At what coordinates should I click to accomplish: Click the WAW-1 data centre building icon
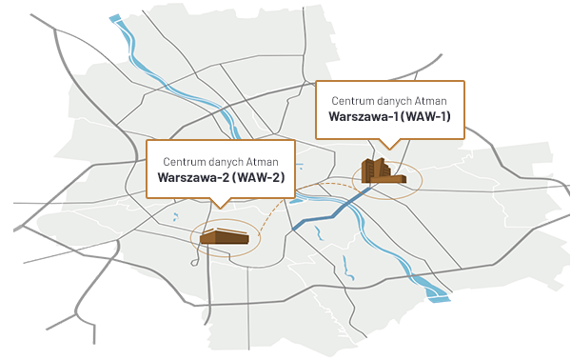click(384, 172)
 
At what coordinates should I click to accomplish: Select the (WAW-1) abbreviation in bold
click(424, 117)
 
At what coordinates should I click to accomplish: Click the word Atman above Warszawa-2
click(271, 160)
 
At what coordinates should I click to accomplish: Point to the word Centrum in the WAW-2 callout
click(183, 160)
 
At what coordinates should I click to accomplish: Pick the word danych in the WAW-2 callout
click(229, 160)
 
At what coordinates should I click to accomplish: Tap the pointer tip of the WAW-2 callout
click(220, 208)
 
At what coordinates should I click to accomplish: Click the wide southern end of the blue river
click(438, 296)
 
